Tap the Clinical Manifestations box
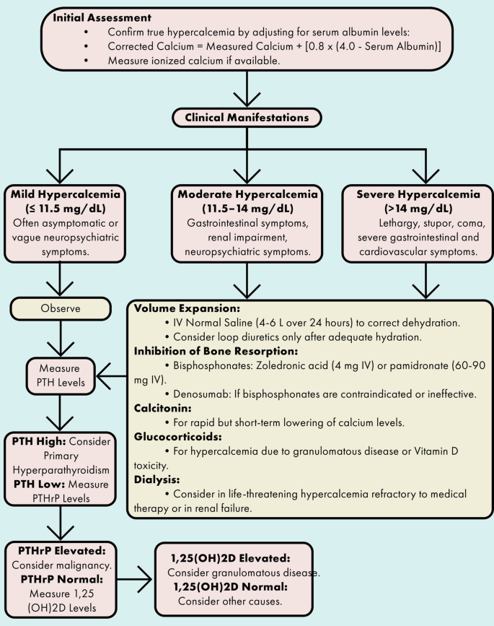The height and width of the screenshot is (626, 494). pos(246,116)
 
